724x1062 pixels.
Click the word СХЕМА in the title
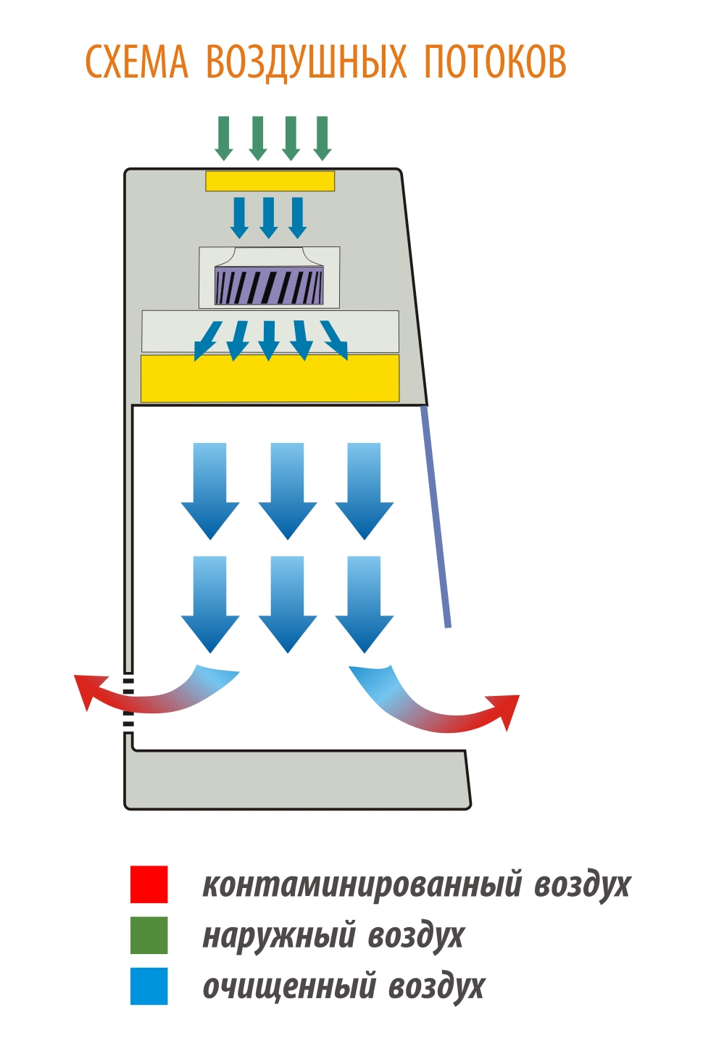(137, 62)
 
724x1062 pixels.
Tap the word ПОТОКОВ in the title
(495, 62)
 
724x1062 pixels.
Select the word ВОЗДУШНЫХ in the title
(307, 62)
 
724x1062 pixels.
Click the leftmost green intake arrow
(224, 138)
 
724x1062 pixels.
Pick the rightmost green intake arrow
(323, 138)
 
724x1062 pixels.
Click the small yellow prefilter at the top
(270, 181)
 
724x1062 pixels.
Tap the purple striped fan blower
(269, 286)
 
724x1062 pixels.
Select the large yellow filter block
(270, 379)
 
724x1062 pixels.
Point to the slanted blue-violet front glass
(436, 516)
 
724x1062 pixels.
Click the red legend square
(149, 884)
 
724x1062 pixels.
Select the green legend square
(149, 935)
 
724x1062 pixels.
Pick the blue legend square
(149, 986)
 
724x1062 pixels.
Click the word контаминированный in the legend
(362, 884)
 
